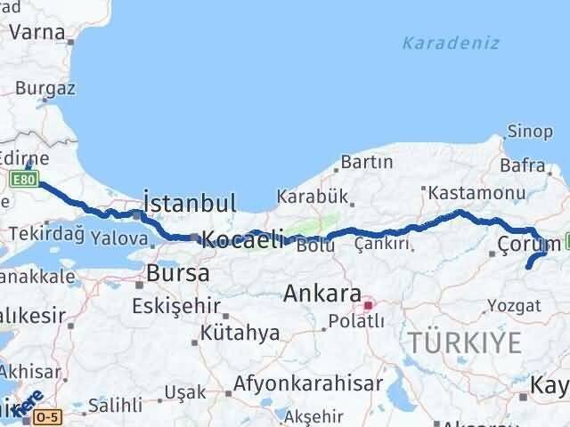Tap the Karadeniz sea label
[450, 43]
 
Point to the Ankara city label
[322, 294]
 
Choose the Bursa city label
[178, 272]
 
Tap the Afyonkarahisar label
[308, 384]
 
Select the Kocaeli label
[242, 238]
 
